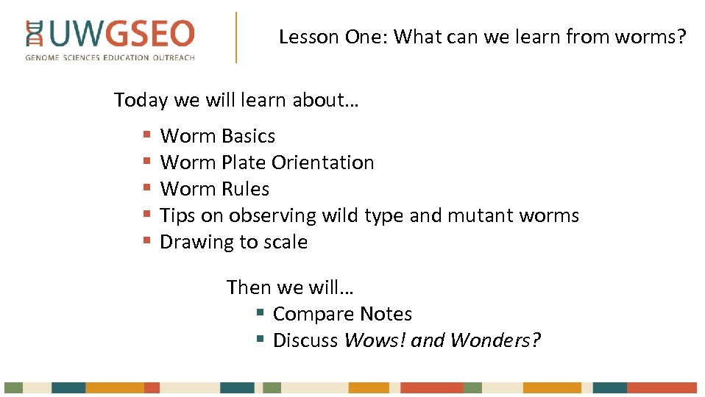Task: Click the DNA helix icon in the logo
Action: pos(34,35)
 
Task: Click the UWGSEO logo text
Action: pos(121,35)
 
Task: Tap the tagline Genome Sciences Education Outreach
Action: pos(110,57)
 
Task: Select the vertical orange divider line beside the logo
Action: pos(236,37)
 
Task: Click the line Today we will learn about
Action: pos(236,100)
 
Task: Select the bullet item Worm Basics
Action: pos(217,136)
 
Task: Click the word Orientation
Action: pos(322,162)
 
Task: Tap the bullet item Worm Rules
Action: pos(214,189)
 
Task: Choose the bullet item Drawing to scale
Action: pos(233,242)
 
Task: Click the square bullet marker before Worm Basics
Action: pos(147,136)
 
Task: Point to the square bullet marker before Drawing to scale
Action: pos(147,241)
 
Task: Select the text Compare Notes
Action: pos(342,314)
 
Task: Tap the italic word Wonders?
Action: pos(495,340)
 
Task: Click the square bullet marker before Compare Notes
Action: pos(260,313)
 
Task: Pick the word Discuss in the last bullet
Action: pos(305,340)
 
